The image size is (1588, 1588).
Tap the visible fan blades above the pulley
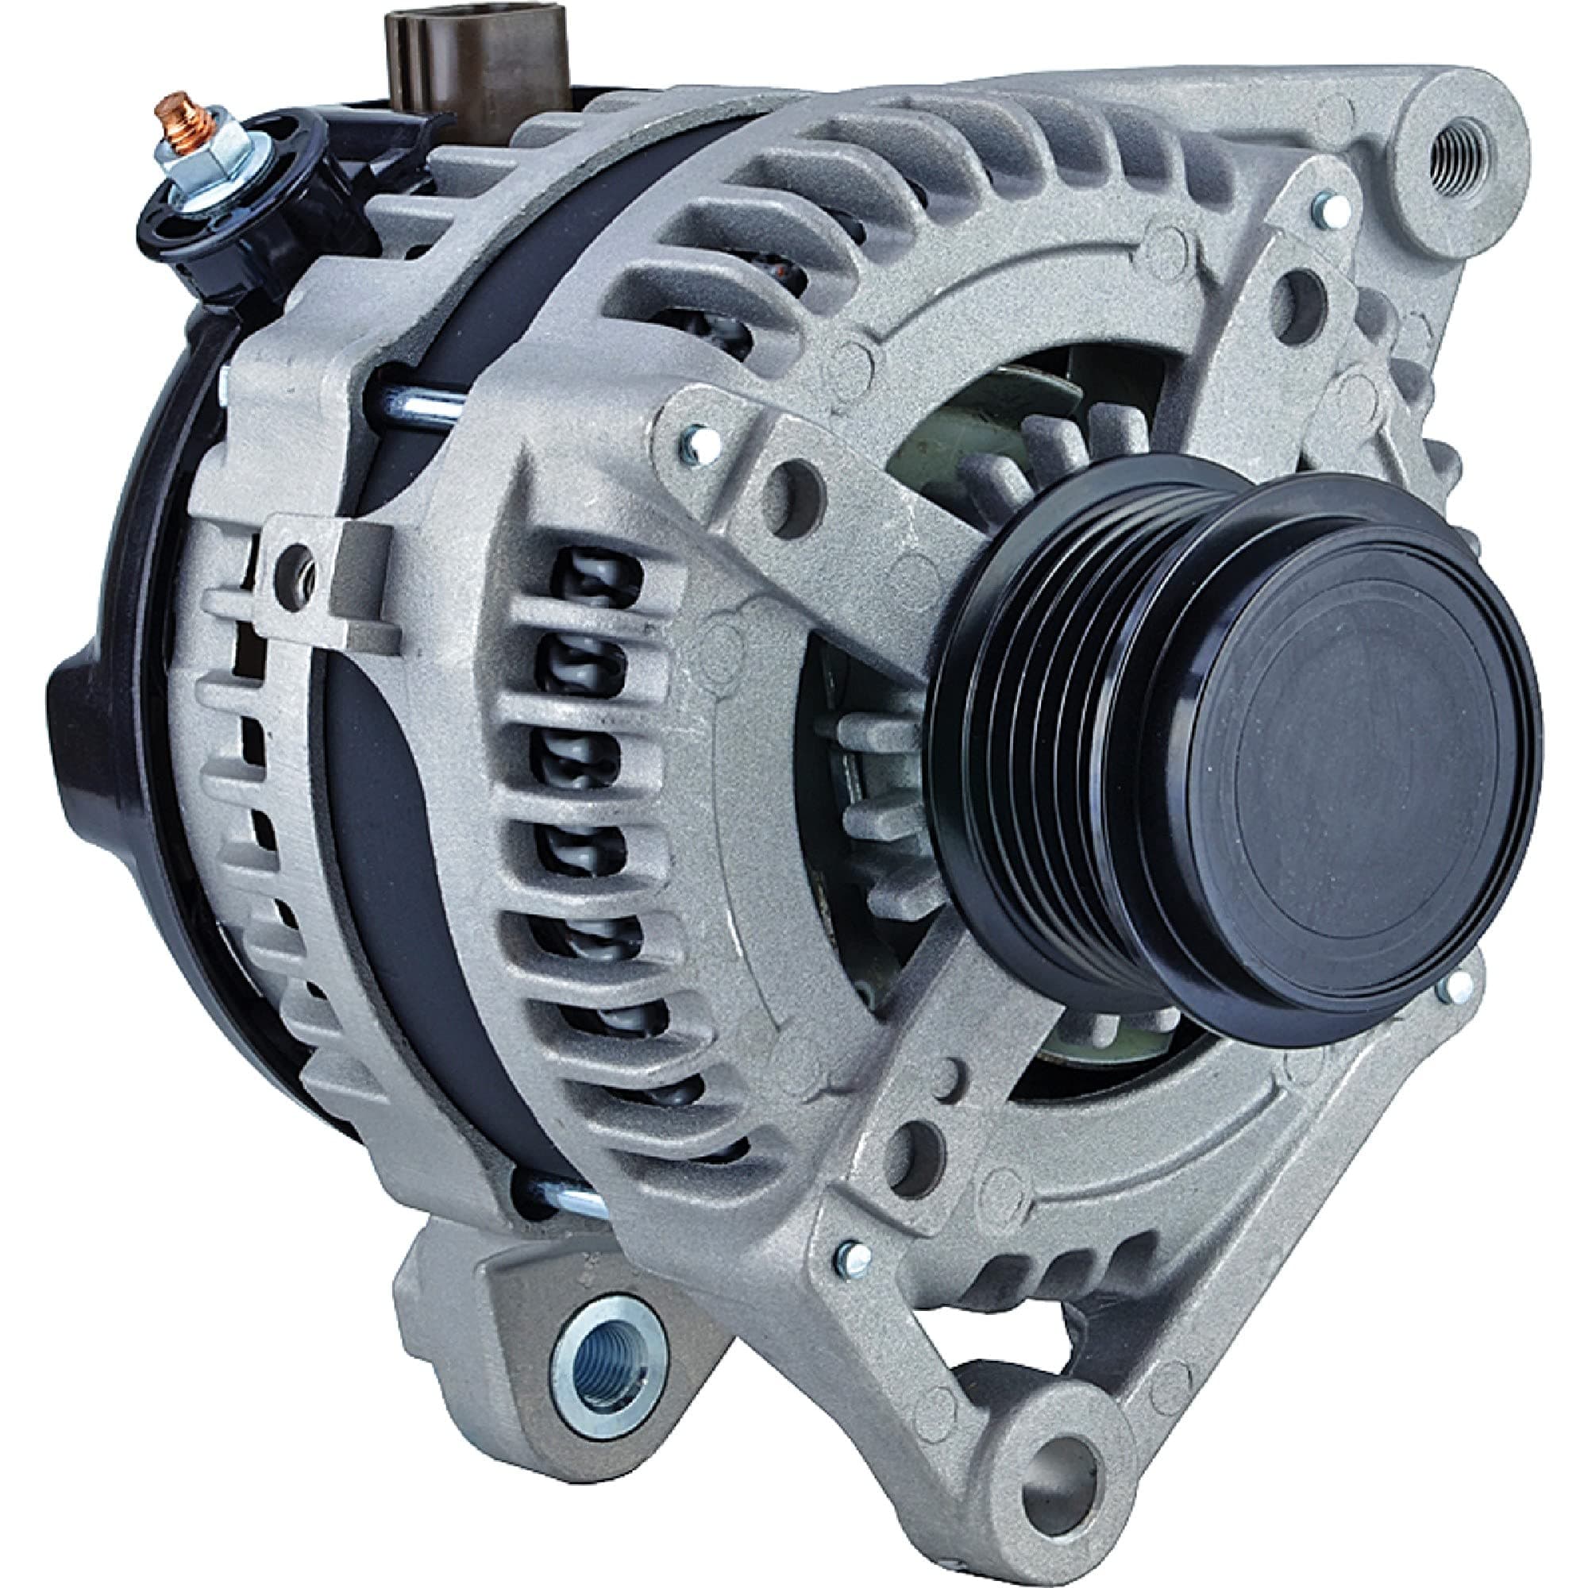(x=1027, y=476)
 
